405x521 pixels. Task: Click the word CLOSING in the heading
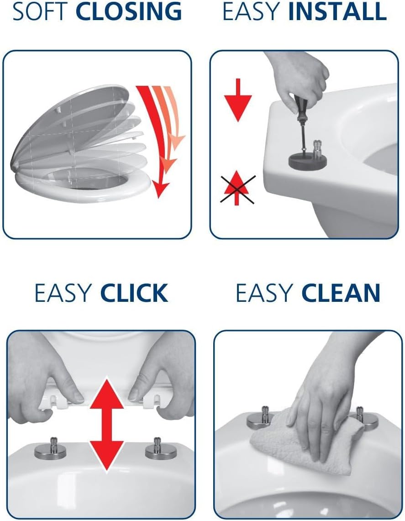(129, 11)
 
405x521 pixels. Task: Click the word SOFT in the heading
(41, 11)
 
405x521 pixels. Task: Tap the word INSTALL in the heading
(337, 11)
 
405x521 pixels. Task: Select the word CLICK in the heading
(134, 293)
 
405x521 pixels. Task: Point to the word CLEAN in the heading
(341, 293)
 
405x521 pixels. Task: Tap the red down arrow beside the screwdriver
(237, 100)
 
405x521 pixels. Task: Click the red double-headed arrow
(107, 424)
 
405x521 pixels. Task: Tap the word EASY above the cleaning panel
(264, 293)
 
